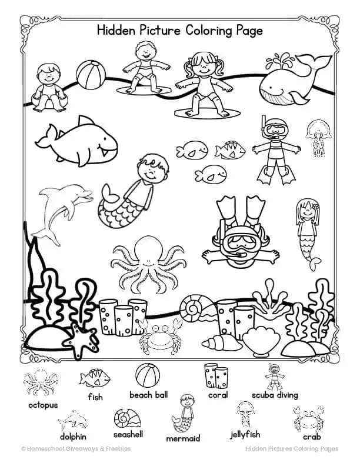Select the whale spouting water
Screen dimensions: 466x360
[x=288, y=84]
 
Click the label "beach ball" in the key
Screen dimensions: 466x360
[x=148, y=395]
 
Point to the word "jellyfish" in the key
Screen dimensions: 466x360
[x=245, y=436]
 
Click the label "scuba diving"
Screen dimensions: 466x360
[x=275, y=395]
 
